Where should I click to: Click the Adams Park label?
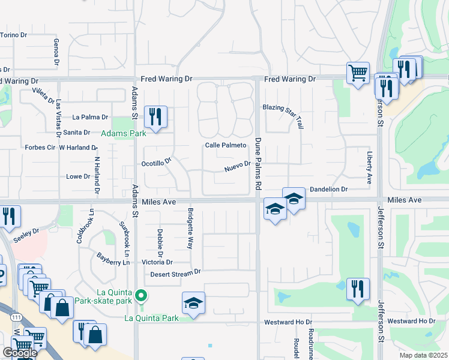[123, 133]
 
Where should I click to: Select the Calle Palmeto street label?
[226, 145]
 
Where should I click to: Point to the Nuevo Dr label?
[237, 164]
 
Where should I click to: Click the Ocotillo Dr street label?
[156, 163]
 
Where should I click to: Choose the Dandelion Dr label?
[328, 189]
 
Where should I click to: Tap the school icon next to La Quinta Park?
[194, 304]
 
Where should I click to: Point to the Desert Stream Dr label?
[175, 273]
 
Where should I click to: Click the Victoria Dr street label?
[157, 262]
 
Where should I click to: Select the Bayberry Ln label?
[113, 259]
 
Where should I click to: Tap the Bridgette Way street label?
[190, 229]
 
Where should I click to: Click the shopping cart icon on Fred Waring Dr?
[358, 73]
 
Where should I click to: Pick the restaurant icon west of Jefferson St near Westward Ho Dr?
[358, 289]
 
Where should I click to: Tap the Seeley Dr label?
[26, 231]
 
